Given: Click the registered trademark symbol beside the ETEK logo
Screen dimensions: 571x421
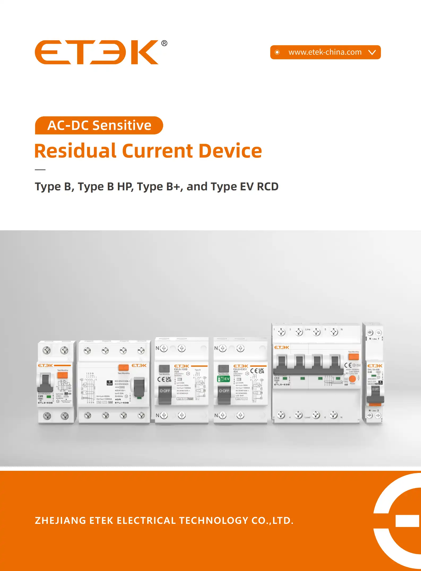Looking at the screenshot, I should pos(164,43).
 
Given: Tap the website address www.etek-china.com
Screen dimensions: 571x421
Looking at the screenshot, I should pos(325,52).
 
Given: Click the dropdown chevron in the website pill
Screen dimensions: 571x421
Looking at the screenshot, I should pos(372,52).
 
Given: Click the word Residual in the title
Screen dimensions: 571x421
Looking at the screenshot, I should pos(75,151).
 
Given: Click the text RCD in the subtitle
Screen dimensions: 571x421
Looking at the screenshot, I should pos(268,187).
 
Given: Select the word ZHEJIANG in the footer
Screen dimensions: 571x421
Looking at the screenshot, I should pos(60,520).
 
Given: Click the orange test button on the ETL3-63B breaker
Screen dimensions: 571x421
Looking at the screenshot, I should pos(63,375).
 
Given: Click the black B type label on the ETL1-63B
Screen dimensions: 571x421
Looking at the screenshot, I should pos(110,383).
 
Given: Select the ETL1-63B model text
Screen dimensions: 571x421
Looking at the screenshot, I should pos(122,403).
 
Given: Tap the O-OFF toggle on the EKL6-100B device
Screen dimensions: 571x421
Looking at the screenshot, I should pos(165,391).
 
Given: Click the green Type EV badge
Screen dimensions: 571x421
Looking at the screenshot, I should pos(223,379).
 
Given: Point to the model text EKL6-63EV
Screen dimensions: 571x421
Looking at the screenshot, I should pos(240,369).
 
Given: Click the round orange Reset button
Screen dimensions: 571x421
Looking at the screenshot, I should pos(352,379).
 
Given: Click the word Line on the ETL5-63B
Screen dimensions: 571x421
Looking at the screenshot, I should pos(308,330).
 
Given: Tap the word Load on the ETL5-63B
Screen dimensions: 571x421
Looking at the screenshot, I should pos(307,417).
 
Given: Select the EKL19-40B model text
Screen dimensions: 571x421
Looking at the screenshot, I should pos(374,370).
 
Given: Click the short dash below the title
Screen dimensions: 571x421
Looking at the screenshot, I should pos(40,170).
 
